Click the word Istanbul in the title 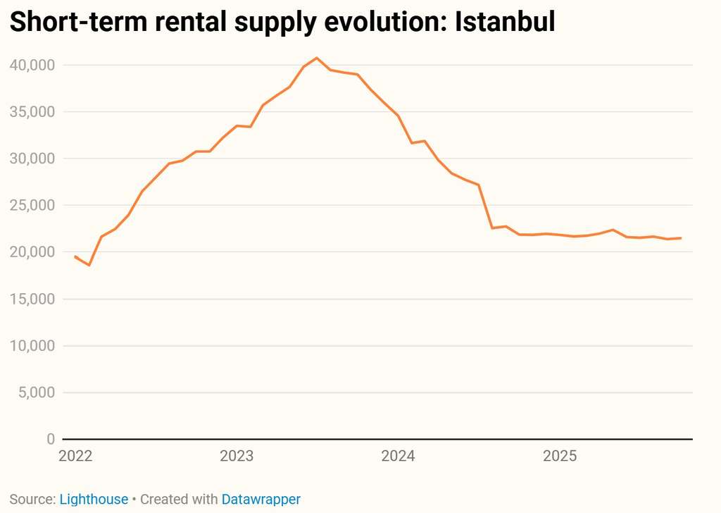pos(505,22)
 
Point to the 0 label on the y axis pos(51,439)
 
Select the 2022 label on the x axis pos(75,456)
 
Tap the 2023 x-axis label pos(237,456)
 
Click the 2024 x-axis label pos(399,456)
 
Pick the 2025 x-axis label pos(560,456)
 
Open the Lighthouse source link pos(94,500)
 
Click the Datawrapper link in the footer pos(261,500)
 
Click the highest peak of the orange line pos(317,58)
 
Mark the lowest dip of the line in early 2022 pos(89,265)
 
